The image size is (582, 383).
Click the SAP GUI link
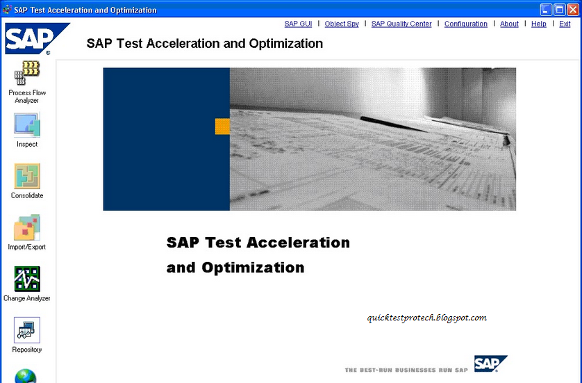click(x=298, y=24)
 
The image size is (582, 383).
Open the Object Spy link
click(x=342, y=24)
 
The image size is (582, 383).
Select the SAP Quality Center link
click(x=401, y=24)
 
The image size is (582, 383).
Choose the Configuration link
click(x=465, y=24)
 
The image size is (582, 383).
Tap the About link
click(x=509, y=24)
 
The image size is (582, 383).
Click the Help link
click(x=539, y=24)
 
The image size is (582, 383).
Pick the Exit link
click(x=565, y=24)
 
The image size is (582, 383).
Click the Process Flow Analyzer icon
click(x=27, y=74)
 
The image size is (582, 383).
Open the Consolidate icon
click(x=27, y=177)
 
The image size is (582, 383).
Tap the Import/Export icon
click(x=27, y=228)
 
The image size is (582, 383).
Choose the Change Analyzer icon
click(x=27, y=279)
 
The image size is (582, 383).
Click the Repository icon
click(x=27, y=330)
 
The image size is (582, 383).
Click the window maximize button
click(x=560, y=10)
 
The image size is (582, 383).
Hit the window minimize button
click(x=546, y=10)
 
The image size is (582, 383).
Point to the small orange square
click(x=222, y=127)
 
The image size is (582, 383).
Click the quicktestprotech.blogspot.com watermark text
click(x=426, y=318)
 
